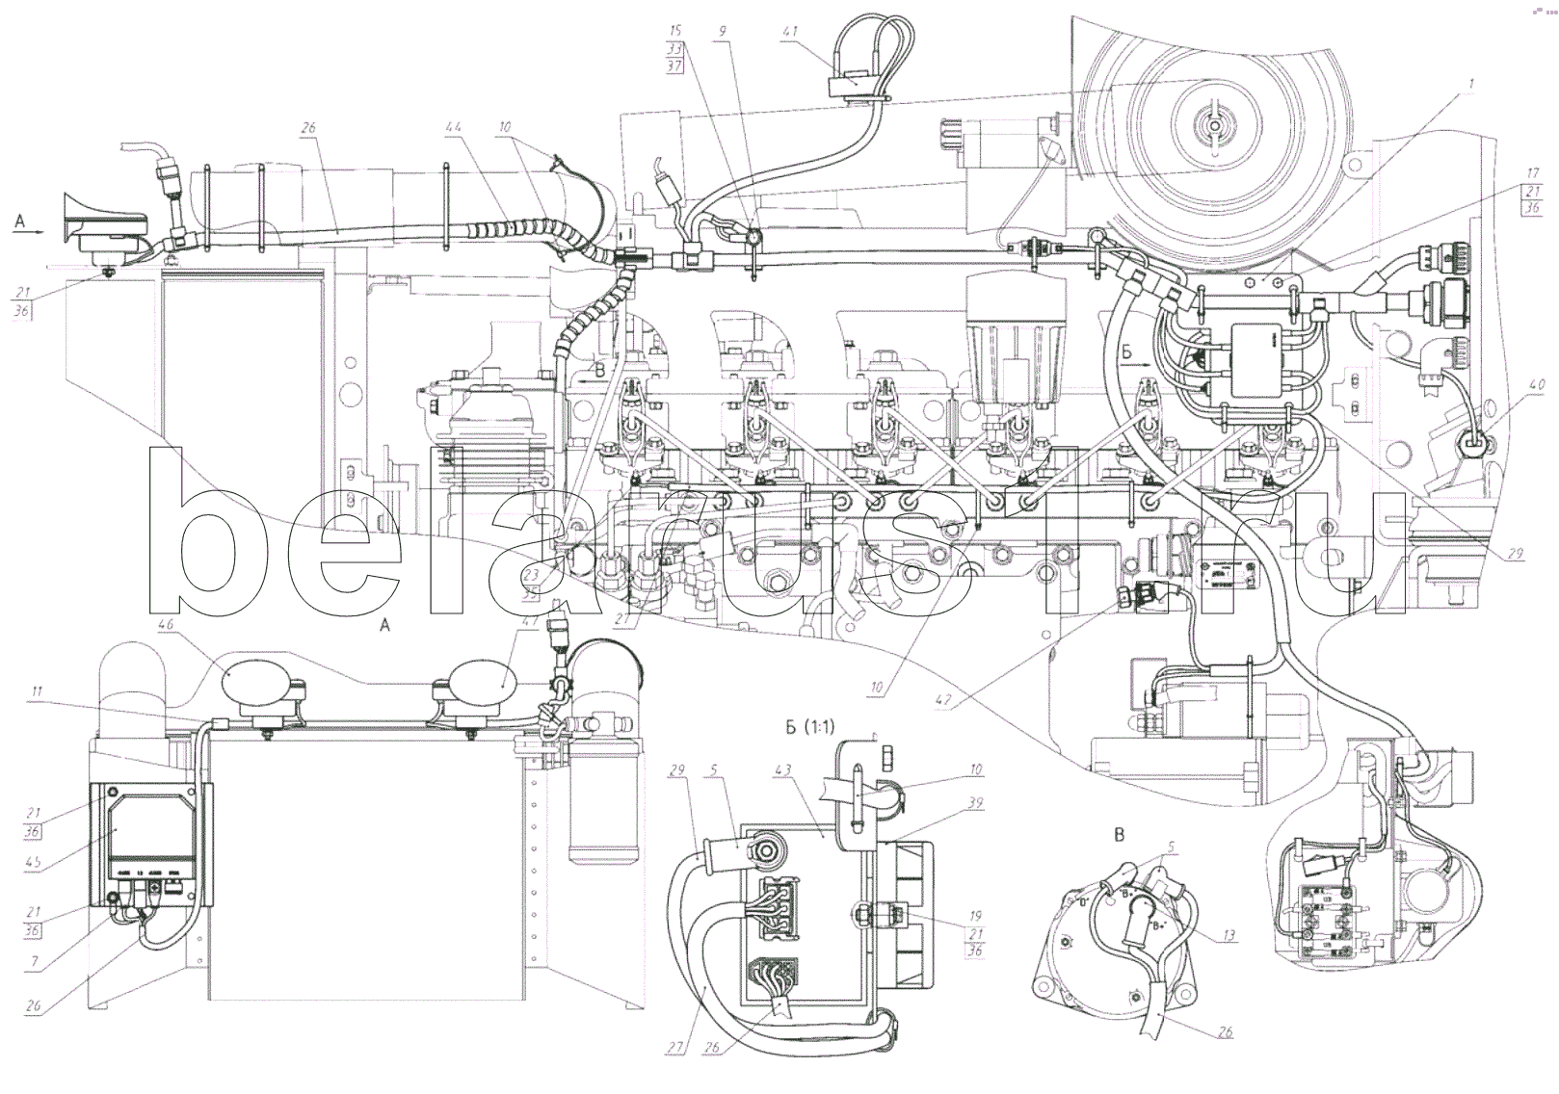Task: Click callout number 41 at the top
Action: point(789,32)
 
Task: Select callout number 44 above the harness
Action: point(453,127)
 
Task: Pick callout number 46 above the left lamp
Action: point(167,626)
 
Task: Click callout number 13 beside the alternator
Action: point(1229,935)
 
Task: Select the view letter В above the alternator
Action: point(1120,835)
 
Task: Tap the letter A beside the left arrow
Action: point(19,221)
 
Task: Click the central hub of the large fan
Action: point(1214,124)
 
